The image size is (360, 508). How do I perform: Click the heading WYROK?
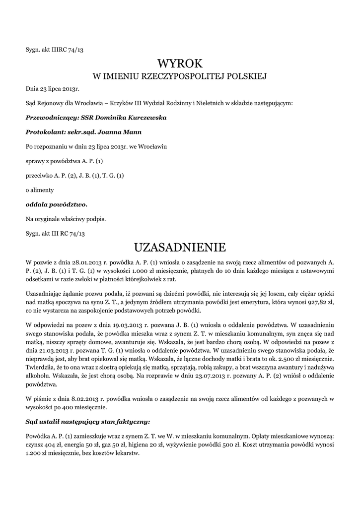click(180, 63)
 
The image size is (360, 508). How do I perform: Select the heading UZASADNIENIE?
click(180, 247)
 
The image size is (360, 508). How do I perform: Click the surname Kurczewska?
click(142, 118)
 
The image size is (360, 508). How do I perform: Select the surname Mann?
click(131, 132)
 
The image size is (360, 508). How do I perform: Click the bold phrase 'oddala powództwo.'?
click(57, 204)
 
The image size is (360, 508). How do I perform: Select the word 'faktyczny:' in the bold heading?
click(131, 422)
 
